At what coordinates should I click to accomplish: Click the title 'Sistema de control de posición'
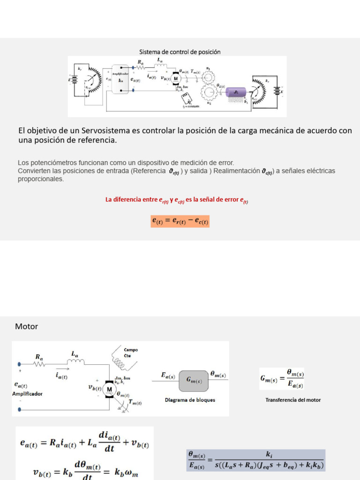click(180, 52)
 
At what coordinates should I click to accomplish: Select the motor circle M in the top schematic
click(176, 79)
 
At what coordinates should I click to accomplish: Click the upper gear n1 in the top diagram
click(208, 77)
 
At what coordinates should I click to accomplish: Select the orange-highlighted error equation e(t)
click(180, 221)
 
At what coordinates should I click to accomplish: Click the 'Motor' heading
click(26, 326)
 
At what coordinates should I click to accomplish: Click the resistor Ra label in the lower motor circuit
click(39, 357)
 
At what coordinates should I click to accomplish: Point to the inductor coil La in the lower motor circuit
click(76, 361)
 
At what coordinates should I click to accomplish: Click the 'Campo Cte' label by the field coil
click(130, 352)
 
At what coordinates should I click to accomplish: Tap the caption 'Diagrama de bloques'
click(190, 400)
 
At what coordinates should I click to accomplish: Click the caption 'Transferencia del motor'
click(293, 400)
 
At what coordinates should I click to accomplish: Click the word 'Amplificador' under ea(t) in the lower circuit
click(27, 394)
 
